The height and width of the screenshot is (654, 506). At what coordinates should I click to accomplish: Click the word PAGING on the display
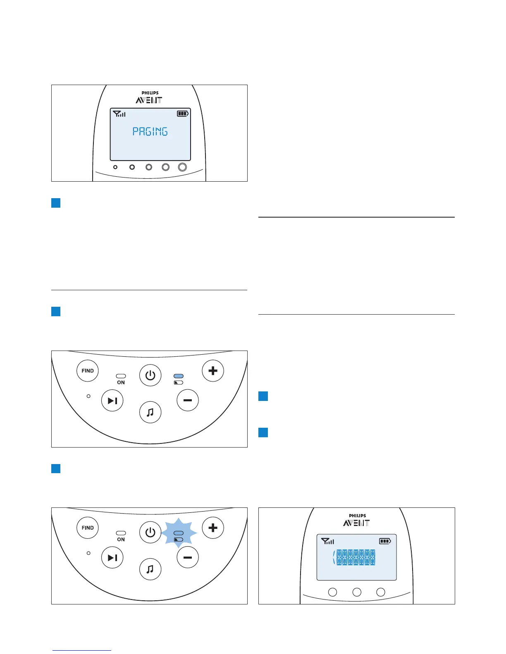pyautogui.click(x=150, y=132)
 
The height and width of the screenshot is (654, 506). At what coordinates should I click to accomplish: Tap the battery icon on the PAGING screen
pyautogui.click(x=183, y=113)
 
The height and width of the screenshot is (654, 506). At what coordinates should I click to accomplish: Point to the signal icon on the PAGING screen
pyautogui.click(x=119, y=114)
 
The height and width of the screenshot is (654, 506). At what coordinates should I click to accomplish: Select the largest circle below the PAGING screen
pyautogui.click(x=182, y=167)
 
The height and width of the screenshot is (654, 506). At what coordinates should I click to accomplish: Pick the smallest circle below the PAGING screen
pyautogui.click(x=115, y=167)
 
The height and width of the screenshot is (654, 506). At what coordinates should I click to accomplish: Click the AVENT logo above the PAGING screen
pyautogui.click(x=149, y=100)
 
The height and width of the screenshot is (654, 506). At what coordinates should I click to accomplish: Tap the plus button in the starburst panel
pyautogui.click(x=213, y=528)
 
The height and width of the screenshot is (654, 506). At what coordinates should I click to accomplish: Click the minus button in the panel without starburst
pyautogui.click(x=188, y=400)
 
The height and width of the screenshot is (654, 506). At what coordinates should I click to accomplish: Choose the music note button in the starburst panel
pyautogui.click(x=150, y=569)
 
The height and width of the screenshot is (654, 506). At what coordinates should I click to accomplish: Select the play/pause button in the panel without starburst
pyautogui.click(x=112, y=400)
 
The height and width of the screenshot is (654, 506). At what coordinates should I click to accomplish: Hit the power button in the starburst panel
pyautogui.click(x=150, y=532)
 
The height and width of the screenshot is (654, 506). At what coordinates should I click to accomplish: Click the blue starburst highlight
pyautogui.click(x=179, y=536)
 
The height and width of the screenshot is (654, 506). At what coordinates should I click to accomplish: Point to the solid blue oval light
pyautogui.click(x=179, y=376)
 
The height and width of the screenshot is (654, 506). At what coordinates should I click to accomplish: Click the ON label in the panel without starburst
pyautogui.click(x=121, y=383)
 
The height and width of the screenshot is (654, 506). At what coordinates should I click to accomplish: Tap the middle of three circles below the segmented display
pyautogui.click(x=357, y=592)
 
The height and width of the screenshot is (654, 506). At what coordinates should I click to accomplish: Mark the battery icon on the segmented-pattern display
pyautogui.click(x=385, y=541)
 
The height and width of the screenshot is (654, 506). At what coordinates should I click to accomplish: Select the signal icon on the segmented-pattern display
pyautogui.click(x=327, y=541)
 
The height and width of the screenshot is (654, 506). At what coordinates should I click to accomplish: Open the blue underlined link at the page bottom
pyautogui.click(x=82, y=650)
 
